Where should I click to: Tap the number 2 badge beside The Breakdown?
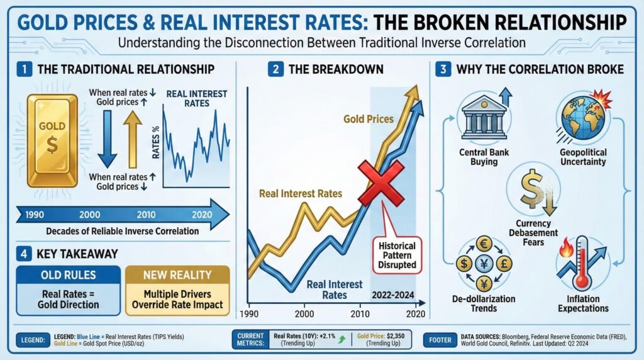tap(275, 69)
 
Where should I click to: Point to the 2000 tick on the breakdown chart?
tap(304, 313)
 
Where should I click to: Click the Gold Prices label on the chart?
tap(369, 119)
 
